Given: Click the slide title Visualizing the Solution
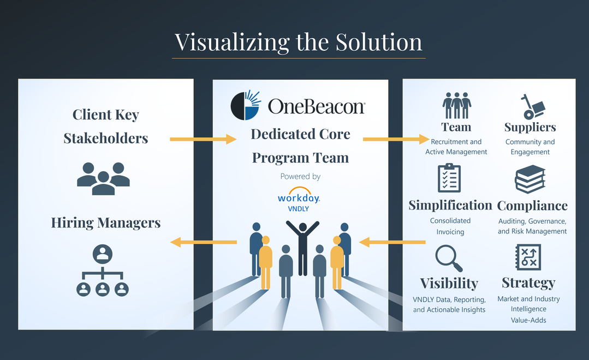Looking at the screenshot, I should coord(298,42).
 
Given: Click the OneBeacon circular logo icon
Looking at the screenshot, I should coord(246,105).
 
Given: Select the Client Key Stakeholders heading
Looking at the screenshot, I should coord(106,126).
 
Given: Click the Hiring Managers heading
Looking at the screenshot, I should coord(106,223).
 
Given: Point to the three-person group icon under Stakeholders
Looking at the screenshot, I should coord(103,178).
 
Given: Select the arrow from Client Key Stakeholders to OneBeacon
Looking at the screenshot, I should coord(203,139).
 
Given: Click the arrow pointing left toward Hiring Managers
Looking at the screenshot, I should coord(203,242).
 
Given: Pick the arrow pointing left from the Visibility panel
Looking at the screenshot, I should coord(392,241).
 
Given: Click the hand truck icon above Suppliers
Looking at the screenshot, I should coord(530,106).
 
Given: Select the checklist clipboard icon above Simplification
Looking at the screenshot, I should coord(449,178).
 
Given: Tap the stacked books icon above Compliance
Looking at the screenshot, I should coord(530,179).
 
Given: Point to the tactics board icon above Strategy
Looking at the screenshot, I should coord(528,257).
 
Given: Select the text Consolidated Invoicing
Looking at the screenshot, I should coord(450,226).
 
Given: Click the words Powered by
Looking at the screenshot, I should coord(300,176).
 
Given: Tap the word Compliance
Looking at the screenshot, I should coord(532,206).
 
